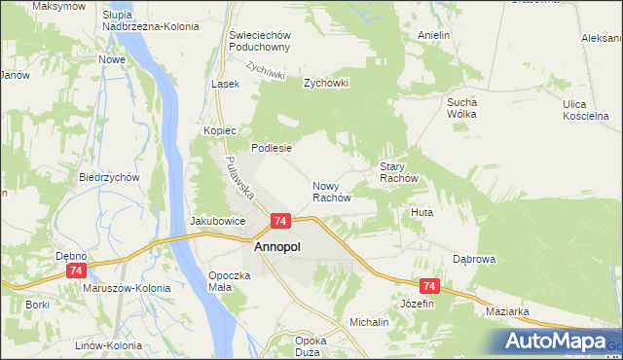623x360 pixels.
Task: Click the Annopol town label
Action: tap(277, 247)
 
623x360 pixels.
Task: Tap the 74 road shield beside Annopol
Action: tap(280, 222)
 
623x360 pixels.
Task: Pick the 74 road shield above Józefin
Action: tap(430, 286)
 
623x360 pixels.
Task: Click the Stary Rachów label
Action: tap(398, 172)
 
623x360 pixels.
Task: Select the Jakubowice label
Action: tap(216, 221)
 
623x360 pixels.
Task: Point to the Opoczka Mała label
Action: tap(230, 281)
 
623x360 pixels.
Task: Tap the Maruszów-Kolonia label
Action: tap(127, 288)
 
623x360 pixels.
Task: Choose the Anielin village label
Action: tap(433, 35)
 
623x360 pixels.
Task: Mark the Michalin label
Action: tap(369, 321)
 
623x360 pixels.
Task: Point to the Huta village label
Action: tap(421, 211)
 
